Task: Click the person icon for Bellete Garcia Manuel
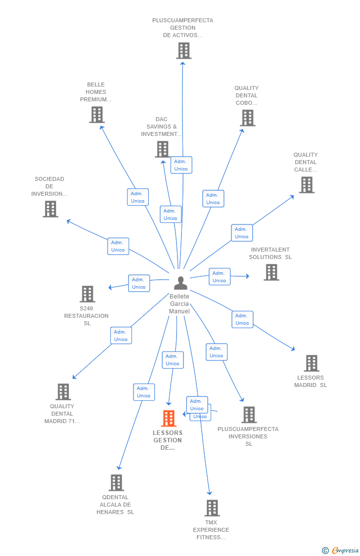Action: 180,283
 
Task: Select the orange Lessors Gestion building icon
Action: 169,418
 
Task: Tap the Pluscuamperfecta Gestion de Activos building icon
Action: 183,50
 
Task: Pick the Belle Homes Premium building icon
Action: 97,115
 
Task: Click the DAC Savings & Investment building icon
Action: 163,149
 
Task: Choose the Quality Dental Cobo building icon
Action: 248,118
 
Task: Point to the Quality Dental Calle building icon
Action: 307,185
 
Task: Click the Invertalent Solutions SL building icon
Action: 271,272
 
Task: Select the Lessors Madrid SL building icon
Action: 312,363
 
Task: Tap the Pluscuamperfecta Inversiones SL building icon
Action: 249,415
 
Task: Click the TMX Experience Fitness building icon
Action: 212,508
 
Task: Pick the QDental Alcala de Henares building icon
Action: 116,482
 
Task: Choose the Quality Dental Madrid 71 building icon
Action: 63,392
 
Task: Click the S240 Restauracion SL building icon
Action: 88,294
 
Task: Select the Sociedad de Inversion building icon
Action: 50,209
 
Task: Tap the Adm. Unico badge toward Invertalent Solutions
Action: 220,277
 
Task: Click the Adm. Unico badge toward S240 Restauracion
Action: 139,283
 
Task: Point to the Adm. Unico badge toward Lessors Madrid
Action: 242,319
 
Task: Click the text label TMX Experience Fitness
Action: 211,530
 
